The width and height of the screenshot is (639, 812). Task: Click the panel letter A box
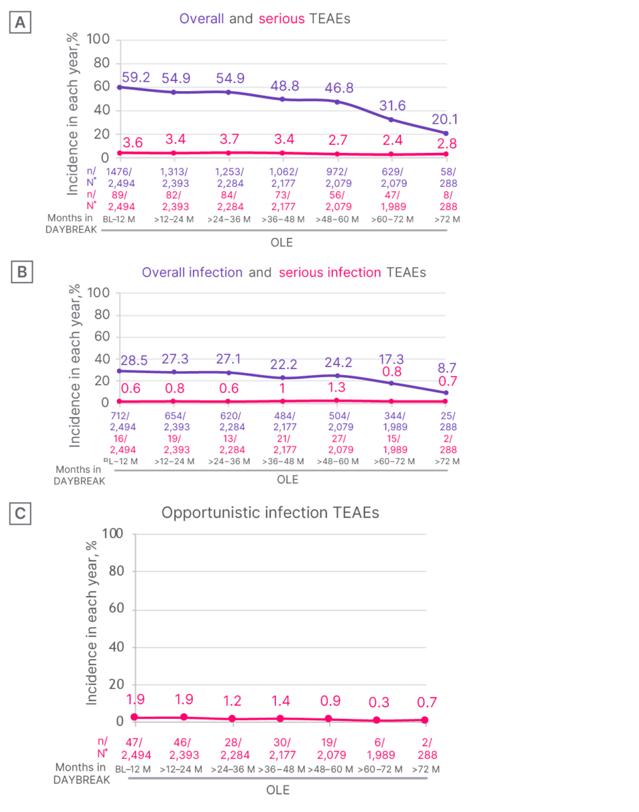(x=20, y=23)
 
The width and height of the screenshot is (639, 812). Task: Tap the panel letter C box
(x=20, y=514)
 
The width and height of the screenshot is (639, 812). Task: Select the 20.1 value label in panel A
(x=445, y=120)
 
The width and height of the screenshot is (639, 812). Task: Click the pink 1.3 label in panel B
(x=336, y=387)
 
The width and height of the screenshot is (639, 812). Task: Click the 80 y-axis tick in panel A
(x=101, y=63)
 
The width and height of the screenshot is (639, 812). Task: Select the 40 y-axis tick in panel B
(x=101, y=358)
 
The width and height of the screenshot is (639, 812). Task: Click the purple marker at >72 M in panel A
(x=446, y=133)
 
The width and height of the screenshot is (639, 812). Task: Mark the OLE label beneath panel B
(x=288, y=479)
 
